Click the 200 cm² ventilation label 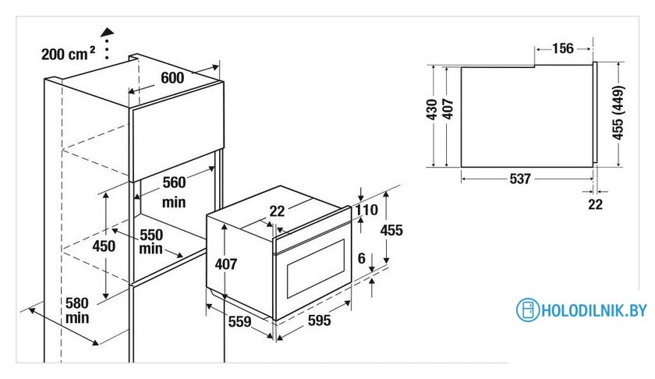pyautogui.click(x=69, y=54)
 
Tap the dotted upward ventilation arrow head pyautogui.click(x=108, y=33)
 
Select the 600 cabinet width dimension pyautogui.click(x=172, y=78)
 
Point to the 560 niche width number pyautogui.click(x=174, y=182)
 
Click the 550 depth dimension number pyautogui.click(x=151, y=235)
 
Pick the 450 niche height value pyautogui.click(x=104, y=246)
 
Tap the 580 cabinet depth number pyautogui.click(x=77, y=303)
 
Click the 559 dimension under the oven pyautogui.click(x=240, y=322)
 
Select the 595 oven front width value pyautogui.click(x=320, y=321)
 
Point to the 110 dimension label pyautogui.click(x=366, y=210)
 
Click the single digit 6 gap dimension pyautogui.click(x=362, y=259)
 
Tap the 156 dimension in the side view pyautogui.click(x=563, y=48)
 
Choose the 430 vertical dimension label pyautogui.click(x=432, y=109)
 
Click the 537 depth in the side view pyautogui.click(x=520, y=179)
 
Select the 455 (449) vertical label pyautogui.click(x=618, y=113)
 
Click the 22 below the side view pyautogui.click(x=595, y=204)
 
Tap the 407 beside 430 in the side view pyautogui.click(x=448, y=109)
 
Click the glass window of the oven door pyautogui.click(x=316, y=268)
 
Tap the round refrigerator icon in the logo pyautogui.click(x=528, y=310)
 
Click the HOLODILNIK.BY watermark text pyautogui.click(x=593, y=310)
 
